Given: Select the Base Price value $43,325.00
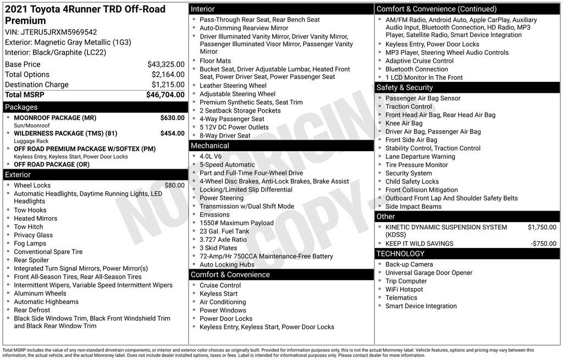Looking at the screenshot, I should coord(165,64).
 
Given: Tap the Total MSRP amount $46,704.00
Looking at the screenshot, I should coord(165,95).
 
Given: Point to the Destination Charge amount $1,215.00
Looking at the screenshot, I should coord(168,85).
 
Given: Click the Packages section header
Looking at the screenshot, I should coord(21,107).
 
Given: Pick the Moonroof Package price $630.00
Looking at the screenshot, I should coord(172,118).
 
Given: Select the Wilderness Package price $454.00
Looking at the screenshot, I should coord(172,133).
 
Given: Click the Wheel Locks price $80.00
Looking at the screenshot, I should coord(174,185).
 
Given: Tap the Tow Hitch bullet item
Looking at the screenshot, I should coord(29,226).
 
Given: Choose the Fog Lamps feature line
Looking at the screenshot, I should coord(30,243).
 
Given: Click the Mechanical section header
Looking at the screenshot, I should coord(210,146).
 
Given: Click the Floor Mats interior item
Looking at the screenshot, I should coord(215,61).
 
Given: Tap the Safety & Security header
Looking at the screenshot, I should coord(405,87).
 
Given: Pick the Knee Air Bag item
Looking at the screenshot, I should coord(404,123).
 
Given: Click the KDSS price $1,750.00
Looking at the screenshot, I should coord(542,227).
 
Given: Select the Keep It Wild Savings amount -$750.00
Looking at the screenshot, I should coord(543,243).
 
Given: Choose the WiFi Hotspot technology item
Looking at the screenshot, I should coord(404,289).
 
